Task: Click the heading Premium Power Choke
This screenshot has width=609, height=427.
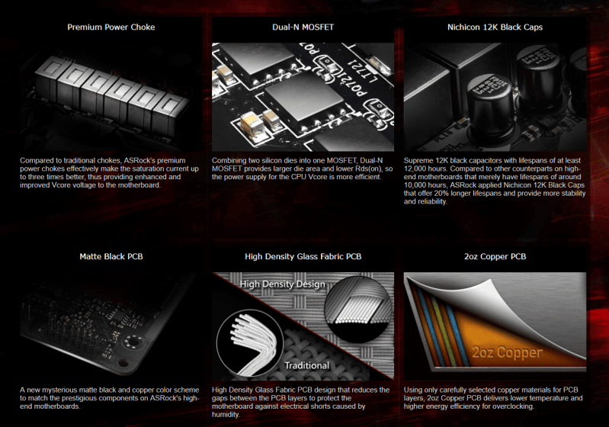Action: click(111, 27)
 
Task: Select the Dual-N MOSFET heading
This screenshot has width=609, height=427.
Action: click(303, 27)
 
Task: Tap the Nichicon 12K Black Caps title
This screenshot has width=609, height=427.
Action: click(495, 27)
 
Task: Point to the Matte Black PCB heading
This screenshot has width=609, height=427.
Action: click(111, 256)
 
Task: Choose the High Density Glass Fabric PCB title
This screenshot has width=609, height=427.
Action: click(303, 256)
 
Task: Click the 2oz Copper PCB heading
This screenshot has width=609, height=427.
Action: click(495, 256)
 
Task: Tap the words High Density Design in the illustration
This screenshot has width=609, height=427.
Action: click(282, 284)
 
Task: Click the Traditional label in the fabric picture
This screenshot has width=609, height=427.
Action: click(307, 365)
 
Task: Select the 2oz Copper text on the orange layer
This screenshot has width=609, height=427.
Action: click(507, 353)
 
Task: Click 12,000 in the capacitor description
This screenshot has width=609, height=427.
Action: click(415, 169)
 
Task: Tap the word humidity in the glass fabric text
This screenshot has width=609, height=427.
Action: click(225, 415)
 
